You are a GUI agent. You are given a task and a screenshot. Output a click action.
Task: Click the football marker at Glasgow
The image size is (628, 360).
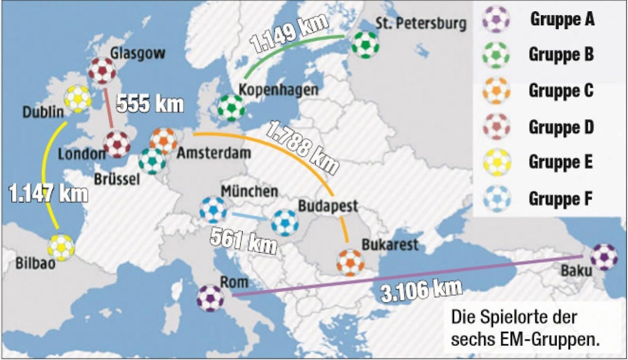point(102,71)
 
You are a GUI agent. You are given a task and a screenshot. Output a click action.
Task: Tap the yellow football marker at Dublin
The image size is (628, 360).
point(77,98)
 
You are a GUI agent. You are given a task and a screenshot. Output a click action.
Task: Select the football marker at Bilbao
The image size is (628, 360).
point(61,247)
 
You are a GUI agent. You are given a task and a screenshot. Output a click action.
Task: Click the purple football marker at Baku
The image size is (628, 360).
point(604,257)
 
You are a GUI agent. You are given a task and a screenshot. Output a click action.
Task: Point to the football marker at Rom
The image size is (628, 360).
point(210,298)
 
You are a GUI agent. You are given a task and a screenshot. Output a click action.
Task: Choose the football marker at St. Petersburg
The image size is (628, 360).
point(366,45)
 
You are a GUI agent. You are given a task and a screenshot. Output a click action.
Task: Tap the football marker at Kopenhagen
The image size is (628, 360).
point(231,108)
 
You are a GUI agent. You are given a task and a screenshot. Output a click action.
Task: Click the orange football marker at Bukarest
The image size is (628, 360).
point(350,262)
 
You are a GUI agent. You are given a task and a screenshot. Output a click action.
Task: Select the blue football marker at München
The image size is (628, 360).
point(212,210)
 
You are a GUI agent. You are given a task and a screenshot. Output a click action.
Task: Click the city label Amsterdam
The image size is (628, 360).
point(214,153)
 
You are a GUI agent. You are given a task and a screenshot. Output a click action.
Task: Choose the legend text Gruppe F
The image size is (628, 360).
point(561,199)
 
